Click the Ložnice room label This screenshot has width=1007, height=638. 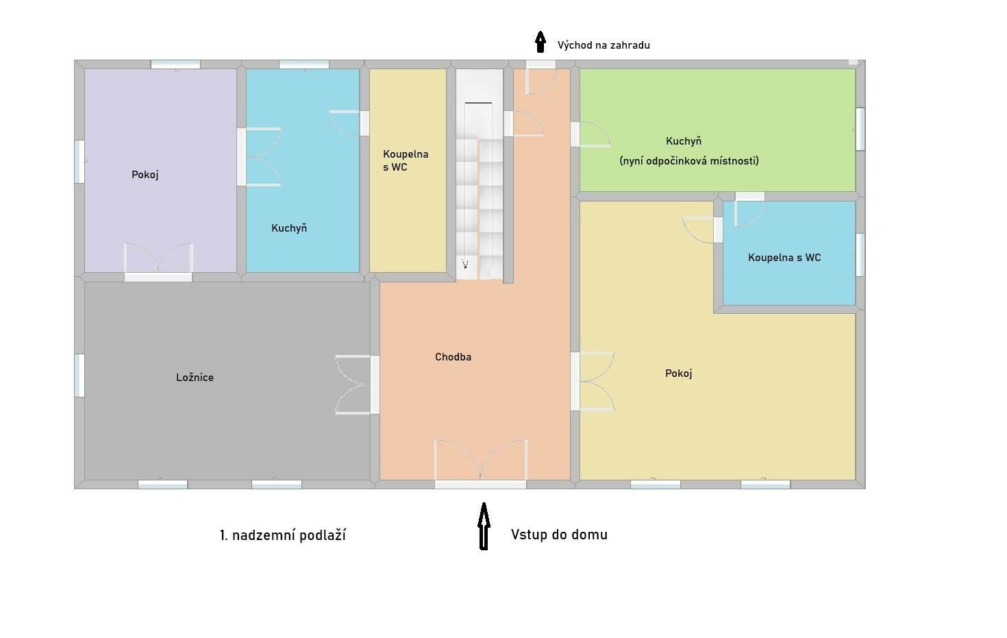(195, 377)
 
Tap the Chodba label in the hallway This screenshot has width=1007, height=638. (453, 357)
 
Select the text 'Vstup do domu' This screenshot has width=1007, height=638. (559, 535)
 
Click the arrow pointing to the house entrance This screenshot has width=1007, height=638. (484, 526)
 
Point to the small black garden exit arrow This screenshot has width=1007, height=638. (540, 42)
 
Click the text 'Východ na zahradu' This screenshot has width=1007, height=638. (604, 45)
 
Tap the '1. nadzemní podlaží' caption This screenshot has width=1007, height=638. (283, 535)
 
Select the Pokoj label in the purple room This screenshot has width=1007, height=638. (145, 175)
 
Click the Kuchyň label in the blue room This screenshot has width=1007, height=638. (289, 228)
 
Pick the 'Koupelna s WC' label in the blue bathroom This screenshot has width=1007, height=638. (784, 258)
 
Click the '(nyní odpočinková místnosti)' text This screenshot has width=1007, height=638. (689, 160)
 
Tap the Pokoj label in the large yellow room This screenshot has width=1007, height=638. (678, 373)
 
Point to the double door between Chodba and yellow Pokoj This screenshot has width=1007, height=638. (593, 381)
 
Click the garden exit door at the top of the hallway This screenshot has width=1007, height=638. (540, 77)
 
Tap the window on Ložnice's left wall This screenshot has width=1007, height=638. (79, 376)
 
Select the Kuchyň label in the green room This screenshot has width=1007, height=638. (684, 141)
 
